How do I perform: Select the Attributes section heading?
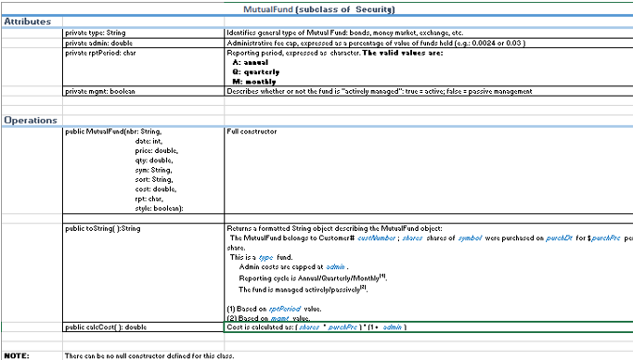[27, 20]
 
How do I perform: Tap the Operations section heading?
[30, 121]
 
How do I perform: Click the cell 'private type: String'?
[97, 32]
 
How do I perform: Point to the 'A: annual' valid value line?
[253, 61]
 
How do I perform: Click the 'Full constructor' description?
[252, 132]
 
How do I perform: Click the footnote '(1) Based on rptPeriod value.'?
[273, 308]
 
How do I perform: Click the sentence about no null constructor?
[149, 355]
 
